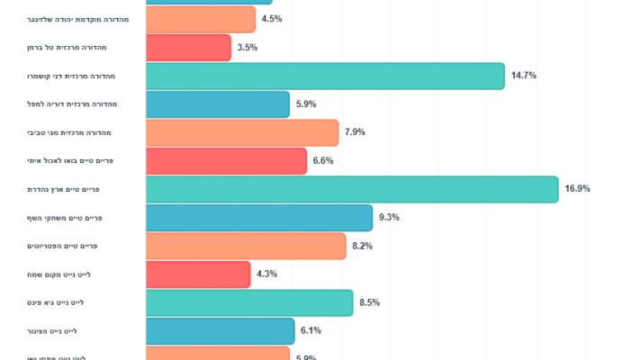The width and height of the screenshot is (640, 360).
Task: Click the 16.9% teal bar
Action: tap(352, 189)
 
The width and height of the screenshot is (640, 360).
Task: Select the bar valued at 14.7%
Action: tap(325, 76)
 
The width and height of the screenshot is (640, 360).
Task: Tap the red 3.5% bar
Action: tap(188, 48)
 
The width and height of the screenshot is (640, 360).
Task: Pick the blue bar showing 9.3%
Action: tap(259, 218)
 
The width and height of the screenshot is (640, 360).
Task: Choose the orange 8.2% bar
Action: tap(246, 246)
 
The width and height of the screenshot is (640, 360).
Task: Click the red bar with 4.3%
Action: tap(198, 274)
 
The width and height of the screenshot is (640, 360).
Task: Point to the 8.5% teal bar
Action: tap(249, 302)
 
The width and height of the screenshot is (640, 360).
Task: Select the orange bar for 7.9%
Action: tap(242, 132)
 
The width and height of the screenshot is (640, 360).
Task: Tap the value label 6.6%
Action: tap(323, 161)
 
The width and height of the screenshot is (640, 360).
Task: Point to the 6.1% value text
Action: tap(311, 331)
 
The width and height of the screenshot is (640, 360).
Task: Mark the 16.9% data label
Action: tap(577, 189)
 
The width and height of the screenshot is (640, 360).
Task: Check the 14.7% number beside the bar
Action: tap(524, 76)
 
